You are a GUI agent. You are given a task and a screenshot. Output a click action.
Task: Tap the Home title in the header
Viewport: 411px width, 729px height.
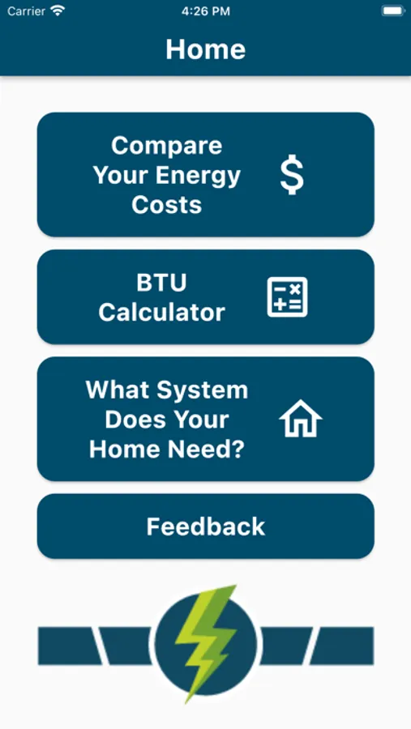click(x=205, y=49)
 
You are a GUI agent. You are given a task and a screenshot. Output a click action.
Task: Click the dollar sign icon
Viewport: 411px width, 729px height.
click(x=292, y=176)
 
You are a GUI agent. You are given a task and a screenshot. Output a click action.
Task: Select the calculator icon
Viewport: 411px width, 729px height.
click(x=287, y=297)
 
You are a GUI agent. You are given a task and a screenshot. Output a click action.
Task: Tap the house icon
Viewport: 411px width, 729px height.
click(x=301, y=418)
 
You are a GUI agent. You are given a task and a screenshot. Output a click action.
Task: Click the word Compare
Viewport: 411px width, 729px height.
click(x=167, y=146)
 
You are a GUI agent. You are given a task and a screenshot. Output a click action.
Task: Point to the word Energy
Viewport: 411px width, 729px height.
click(x=198, y=176)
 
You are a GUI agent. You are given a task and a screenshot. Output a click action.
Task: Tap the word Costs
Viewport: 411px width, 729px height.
click(x=167, y=205)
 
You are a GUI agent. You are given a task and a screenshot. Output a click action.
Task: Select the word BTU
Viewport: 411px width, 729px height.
click(x=161, y=283)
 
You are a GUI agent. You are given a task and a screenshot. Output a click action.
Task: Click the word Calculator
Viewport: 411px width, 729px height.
click(x=161, y=313)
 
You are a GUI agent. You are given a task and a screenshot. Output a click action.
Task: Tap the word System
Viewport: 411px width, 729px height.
click(x=202, y=390)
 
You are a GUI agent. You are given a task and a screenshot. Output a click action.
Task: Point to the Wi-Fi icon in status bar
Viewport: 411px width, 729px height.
click(x=58, y=11)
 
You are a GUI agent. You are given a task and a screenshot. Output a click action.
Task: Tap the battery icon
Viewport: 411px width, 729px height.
click(x=393, y=11)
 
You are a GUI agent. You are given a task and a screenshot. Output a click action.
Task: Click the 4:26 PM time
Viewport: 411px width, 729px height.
click(x=205, y=11)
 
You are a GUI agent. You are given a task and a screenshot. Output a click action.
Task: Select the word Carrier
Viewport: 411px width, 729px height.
click(x=27, y=11)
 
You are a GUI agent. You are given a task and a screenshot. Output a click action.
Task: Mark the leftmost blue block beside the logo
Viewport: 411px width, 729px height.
click(x=68, y=646)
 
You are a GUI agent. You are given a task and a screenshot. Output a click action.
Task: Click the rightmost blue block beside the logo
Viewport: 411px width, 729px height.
click(x=343, y=646)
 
